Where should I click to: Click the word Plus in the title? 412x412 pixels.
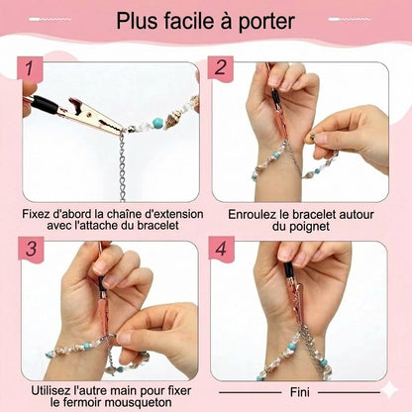click(x=142, y=21)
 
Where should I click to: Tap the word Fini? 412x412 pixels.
click(x=300, y=389)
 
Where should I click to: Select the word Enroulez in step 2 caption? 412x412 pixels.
click(x=256, y=212)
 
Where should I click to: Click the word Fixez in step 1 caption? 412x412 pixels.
click(x=39, y=212)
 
